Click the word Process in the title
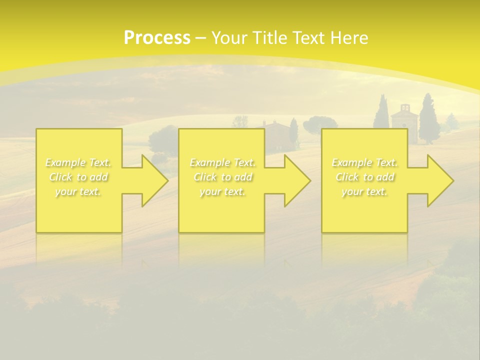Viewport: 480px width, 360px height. pos(157,38)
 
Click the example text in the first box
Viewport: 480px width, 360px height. pos(78,177)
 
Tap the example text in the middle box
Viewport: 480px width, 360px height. pos(222,177)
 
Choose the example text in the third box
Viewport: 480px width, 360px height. pos(364,177)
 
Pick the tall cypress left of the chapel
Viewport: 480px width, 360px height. pos(381,112)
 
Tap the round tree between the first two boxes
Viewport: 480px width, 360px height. pos(163,139)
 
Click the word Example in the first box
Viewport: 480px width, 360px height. pos(64,162)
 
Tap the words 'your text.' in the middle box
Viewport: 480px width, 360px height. pos(222,191)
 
